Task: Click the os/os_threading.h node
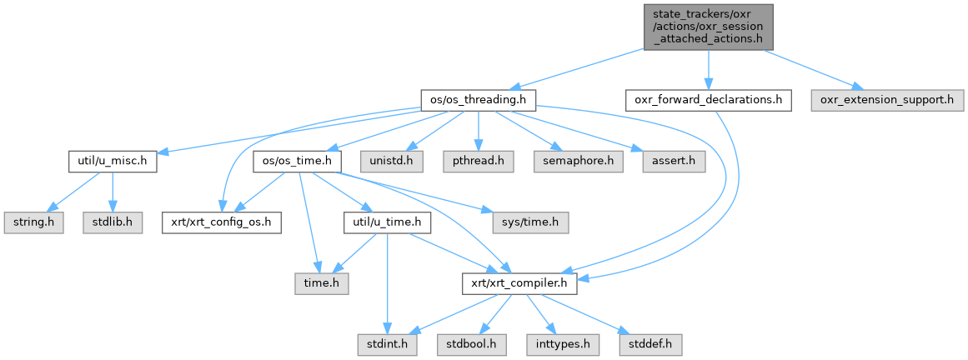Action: tap(477, 100)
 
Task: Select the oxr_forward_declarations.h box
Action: tap(707, 100)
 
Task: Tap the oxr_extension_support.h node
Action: tap(886, 100)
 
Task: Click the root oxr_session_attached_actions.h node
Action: tap(708, 26)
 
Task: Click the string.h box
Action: tap(32, 223)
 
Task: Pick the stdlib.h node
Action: tap(113, 223)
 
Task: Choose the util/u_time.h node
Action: tap(388, 223)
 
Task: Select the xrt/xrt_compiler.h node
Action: tap(519, 285)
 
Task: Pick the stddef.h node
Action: tap(650, 342)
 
